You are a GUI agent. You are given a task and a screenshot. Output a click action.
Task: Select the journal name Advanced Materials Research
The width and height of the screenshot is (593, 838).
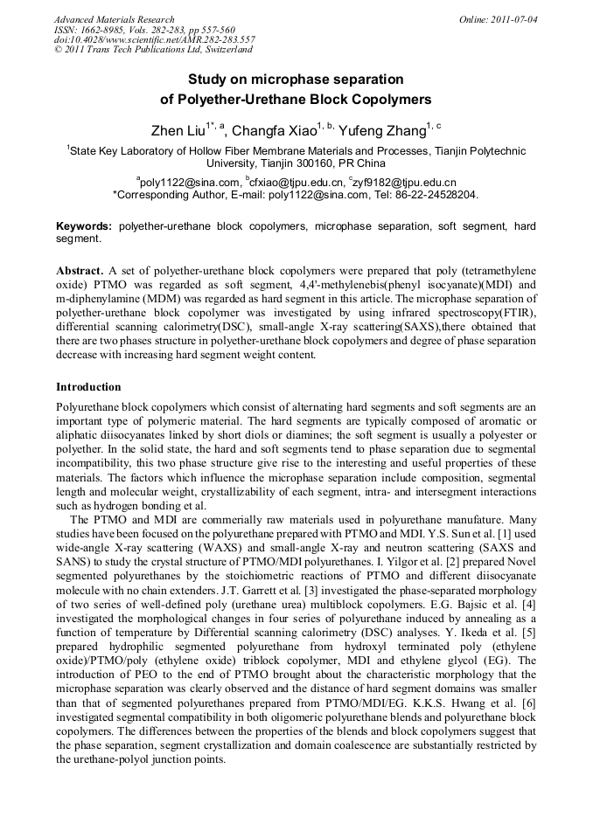tap(115, 19)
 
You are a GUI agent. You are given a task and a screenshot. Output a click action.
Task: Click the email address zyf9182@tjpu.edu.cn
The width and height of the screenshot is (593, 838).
tap(405, 182)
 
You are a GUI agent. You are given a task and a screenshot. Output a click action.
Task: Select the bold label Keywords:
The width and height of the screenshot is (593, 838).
tap(84, 226)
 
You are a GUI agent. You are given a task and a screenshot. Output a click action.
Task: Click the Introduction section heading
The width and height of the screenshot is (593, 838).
tap(88, 386)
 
